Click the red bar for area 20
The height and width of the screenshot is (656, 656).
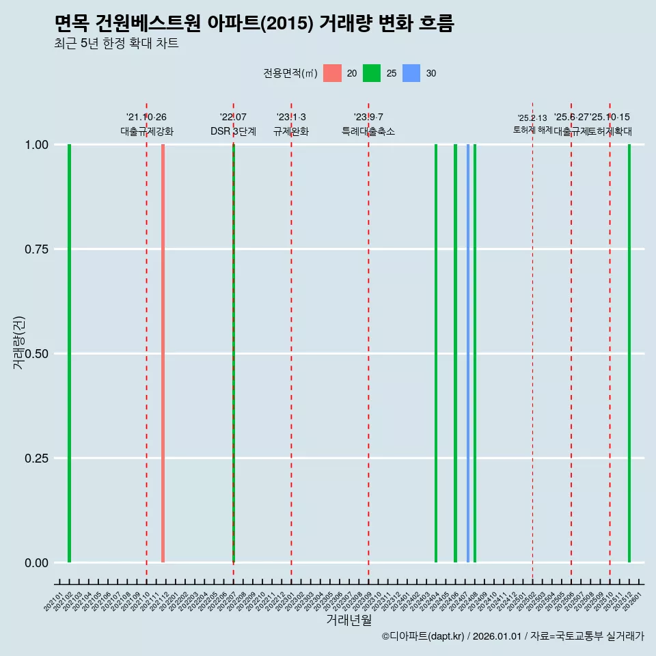click(163, 353)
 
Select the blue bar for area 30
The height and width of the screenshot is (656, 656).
click(468, 353)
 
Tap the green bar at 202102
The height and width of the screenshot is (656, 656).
click(69, 353)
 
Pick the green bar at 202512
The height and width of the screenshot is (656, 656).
click(629, 353)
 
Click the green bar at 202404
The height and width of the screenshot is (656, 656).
click(436, 353)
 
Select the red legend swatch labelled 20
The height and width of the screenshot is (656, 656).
click(332, 73)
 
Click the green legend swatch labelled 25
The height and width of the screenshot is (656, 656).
click(372, 73)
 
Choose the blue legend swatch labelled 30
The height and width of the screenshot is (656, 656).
click(411, 73)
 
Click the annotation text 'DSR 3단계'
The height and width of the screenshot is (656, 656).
click(233, 131)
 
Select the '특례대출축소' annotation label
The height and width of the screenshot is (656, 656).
click(368, 131)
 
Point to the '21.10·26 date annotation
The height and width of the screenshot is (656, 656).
click(146, 117)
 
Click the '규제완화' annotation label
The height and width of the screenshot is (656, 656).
click(291, 131)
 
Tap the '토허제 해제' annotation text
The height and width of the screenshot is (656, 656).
click(532, 130)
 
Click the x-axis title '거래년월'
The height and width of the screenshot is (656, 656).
click(348, 620)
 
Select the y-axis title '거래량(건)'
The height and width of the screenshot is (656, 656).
click(19, 342)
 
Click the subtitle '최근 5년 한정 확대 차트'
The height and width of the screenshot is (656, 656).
click(116, 44)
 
